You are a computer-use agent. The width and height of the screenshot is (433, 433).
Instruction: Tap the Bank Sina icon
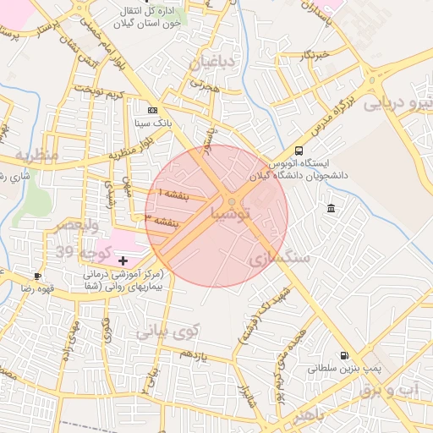152,110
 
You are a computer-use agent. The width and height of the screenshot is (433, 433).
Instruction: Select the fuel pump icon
343,356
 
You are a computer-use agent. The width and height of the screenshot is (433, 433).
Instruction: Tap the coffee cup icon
37,277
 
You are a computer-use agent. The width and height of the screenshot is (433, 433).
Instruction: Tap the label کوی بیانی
167,331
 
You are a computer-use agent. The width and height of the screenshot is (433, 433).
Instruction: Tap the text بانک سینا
153,123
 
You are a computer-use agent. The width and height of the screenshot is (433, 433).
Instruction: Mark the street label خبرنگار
312,56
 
